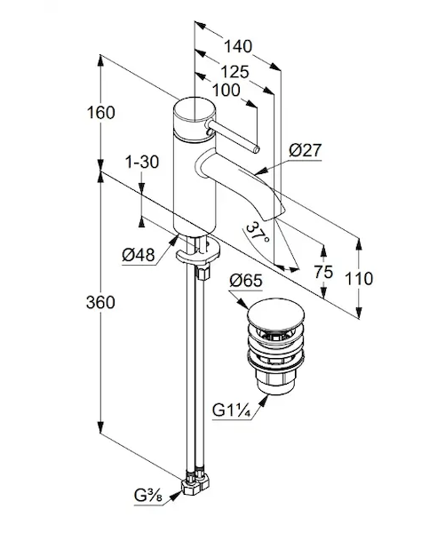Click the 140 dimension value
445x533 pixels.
click(238, 46)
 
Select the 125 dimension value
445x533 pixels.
click(234, 72)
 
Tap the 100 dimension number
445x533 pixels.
click(226, 91)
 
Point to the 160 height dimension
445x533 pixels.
click(101, 113)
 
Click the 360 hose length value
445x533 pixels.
click(100, 302)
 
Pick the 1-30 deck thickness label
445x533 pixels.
click(142, 162)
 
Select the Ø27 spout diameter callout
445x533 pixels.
click(305, 150)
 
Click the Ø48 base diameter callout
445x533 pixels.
click(139, 254)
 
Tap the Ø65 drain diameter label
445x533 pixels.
click(246, 281)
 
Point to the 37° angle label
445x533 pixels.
click(258, 232)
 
